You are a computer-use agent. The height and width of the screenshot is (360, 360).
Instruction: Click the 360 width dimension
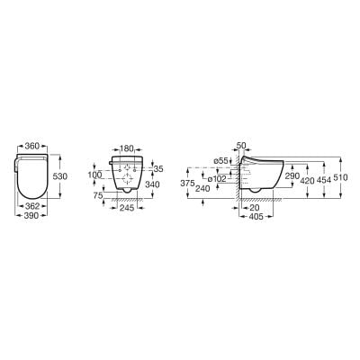[x=32, y=146]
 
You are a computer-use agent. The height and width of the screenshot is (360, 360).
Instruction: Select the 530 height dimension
[x=60, y=176]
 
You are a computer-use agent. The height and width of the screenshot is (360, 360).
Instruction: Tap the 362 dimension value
[x=32, y=206]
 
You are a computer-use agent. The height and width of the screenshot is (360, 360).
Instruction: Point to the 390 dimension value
[x=31, y=215]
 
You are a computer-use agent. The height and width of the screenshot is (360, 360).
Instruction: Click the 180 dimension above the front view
[x=127, y=148]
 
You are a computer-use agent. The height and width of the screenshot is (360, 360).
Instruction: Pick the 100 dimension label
[x=94, y=175]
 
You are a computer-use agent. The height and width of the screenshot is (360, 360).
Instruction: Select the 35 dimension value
[x=158, y=169]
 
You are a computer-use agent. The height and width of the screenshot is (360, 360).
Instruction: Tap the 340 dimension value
[x=152, y=184]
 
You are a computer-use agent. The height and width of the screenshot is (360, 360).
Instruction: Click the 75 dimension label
[x=98, y=195]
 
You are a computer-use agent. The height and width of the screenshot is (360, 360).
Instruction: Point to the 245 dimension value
[x=127, y=208]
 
